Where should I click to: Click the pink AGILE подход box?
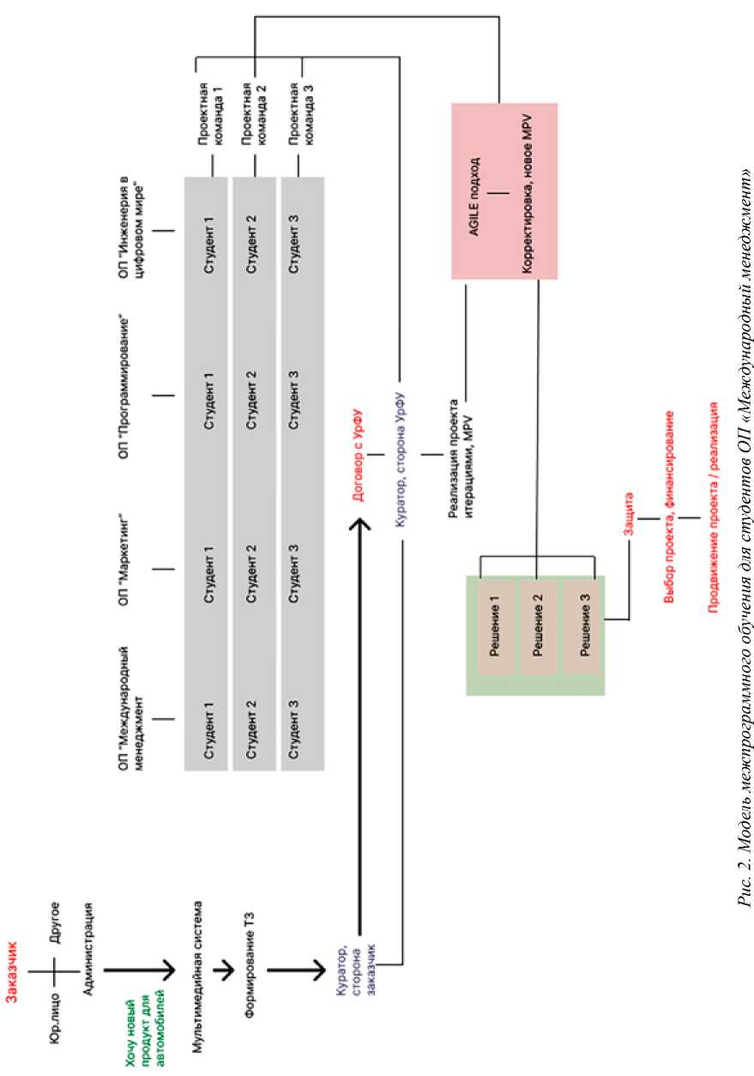click(504, 190)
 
